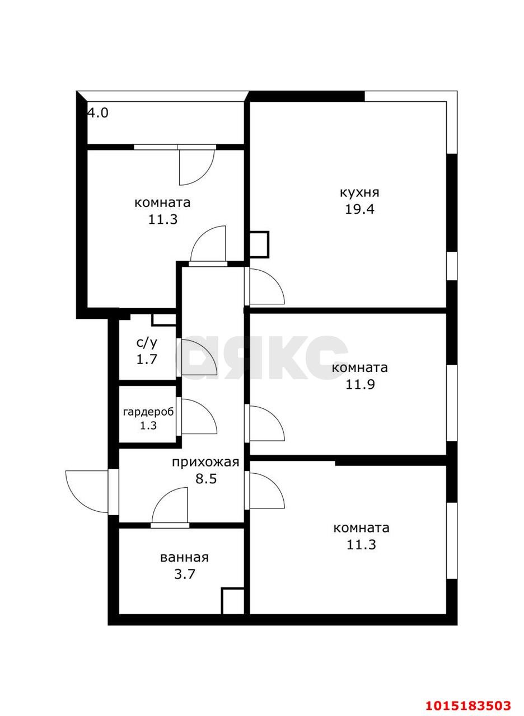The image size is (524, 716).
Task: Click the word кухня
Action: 359,192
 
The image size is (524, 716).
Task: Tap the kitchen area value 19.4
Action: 359,210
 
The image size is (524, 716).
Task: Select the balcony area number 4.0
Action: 97,113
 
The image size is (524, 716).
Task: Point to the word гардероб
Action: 148,412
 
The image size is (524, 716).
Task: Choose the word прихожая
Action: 205,462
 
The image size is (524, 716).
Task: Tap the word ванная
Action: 184,557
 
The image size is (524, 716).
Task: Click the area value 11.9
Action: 359,385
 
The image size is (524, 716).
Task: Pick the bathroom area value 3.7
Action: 184,574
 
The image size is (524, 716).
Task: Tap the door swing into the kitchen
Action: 266,286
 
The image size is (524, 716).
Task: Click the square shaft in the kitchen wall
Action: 259,244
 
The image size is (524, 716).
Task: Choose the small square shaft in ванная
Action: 233,601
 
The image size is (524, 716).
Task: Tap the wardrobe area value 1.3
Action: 148,426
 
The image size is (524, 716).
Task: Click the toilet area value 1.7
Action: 147,359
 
